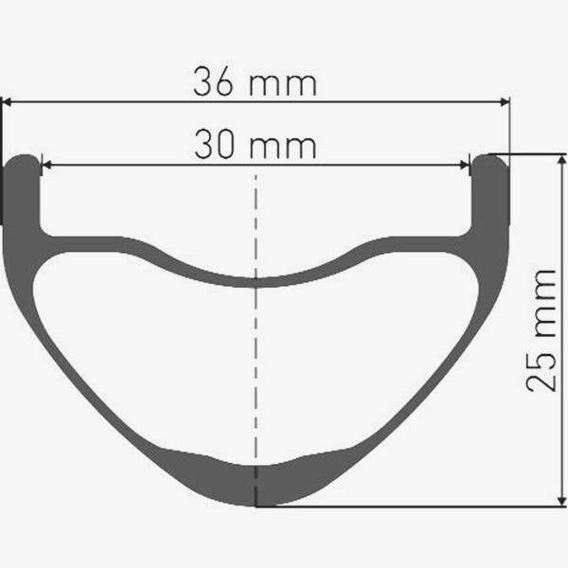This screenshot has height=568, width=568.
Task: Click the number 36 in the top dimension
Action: coord(213,81)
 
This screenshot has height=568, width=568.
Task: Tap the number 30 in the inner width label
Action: coord(213,144)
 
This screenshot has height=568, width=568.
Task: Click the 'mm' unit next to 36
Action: coord(283,85)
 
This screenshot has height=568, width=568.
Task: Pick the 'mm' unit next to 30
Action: coord(283,148)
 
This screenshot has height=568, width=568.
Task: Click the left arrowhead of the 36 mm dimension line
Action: coord(8,102)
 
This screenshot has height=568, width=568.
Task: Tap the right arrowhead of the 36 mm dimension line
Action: coord(505,102)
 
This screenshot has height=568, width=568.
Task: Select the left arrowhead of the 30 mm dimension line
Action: coord(47,165)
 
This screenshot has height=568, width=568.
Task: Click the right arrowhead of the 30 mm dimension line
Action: coord(464,165)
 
